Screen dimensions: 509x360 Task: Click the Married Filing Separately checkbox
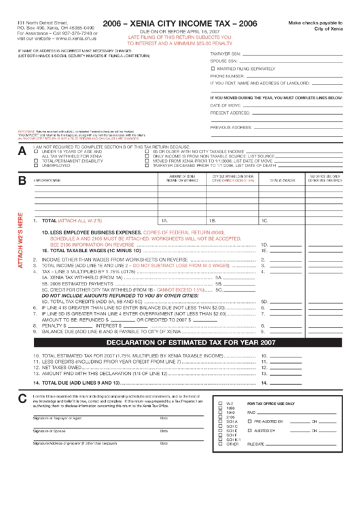coord(213,69)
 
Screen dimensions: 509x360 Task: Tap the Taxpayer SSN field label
coord(225,52)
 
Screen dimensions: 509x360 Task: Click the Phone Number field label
coord(226,76)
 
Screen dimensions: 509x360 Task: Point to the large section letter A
coord(22,151)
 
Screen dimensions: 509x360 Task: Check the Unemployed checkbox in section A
coord(37,165)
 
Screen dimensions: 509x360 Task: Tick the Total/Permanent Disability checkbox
coord(37,160)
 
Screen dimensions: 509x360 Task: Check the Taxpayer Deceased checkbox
coord(147,165)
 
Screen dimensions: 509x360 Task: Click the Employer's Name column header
coord(48,180)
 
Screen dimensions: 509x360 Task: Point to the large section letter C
coord(22,399)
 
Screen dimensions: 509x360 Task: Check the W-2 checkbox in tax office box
coord(219,403)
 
